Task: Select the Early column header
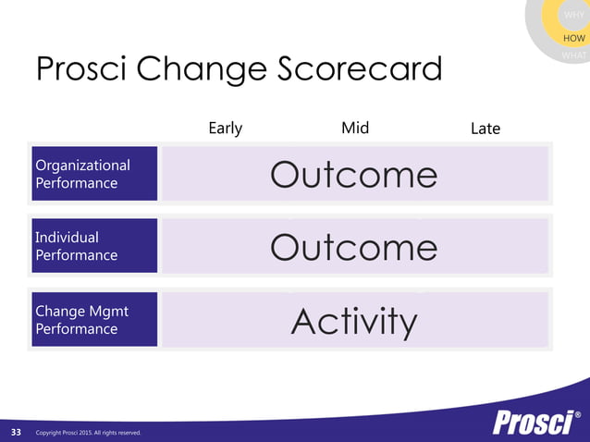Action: (226, 128)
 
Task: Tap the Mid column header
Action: (355, 128)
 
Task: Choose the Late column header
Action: (485, 129)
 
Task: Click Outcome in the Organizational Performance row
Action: (354, 175)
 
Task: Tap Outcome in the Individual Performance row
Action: (354, 247)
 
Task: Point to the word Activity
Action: (354, 321)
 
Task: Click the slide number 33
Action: (16, 432)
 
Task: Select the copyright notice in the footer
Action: (88, 433)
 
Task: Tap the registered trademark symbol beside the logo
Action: (578, 413)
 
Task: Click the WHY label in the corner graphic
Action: (573, 15)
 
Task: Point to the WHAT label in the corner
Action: (574, 55)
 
